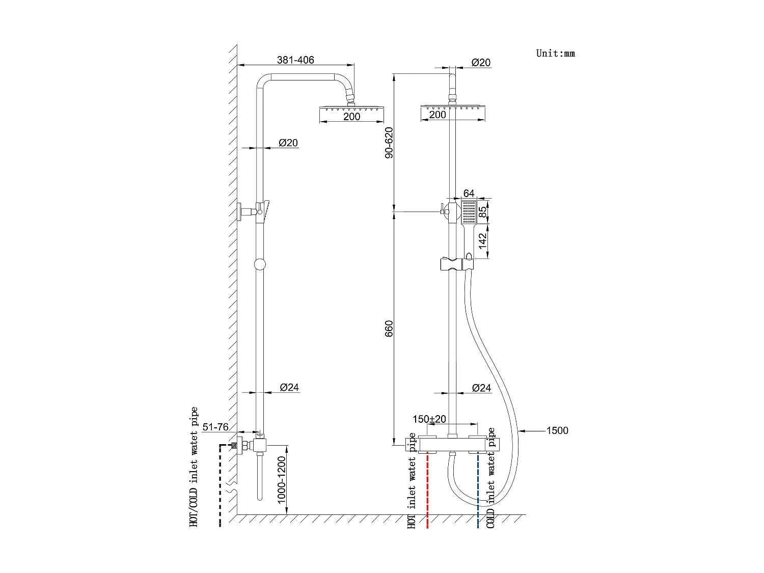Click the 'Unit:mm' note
pos(555,53)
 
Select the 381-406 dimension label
pos(295,60)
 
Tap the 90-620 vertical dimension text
pos(389,142)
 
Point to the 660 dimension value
pos(389,329)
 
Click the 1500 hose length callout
pos(557,431)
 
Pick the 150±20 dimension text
pos(429,419)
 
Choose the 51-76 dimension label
pos(215,427)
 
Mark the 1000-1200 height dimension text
pos(282,480)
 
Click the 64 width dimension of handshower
pos(469,194)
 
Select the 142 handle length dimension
pos(483,241)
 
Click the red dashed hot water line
pos(427,489)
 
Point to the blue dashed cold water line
pos(478,489)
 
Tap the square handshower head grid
pos(469,212)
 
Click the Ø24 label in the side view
pos(289,388)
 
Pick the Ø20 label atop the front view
pos(481,63)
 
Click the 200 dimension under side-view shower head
pos(351,117)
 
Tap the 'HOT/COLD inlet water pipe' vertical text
pos(194,467)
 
